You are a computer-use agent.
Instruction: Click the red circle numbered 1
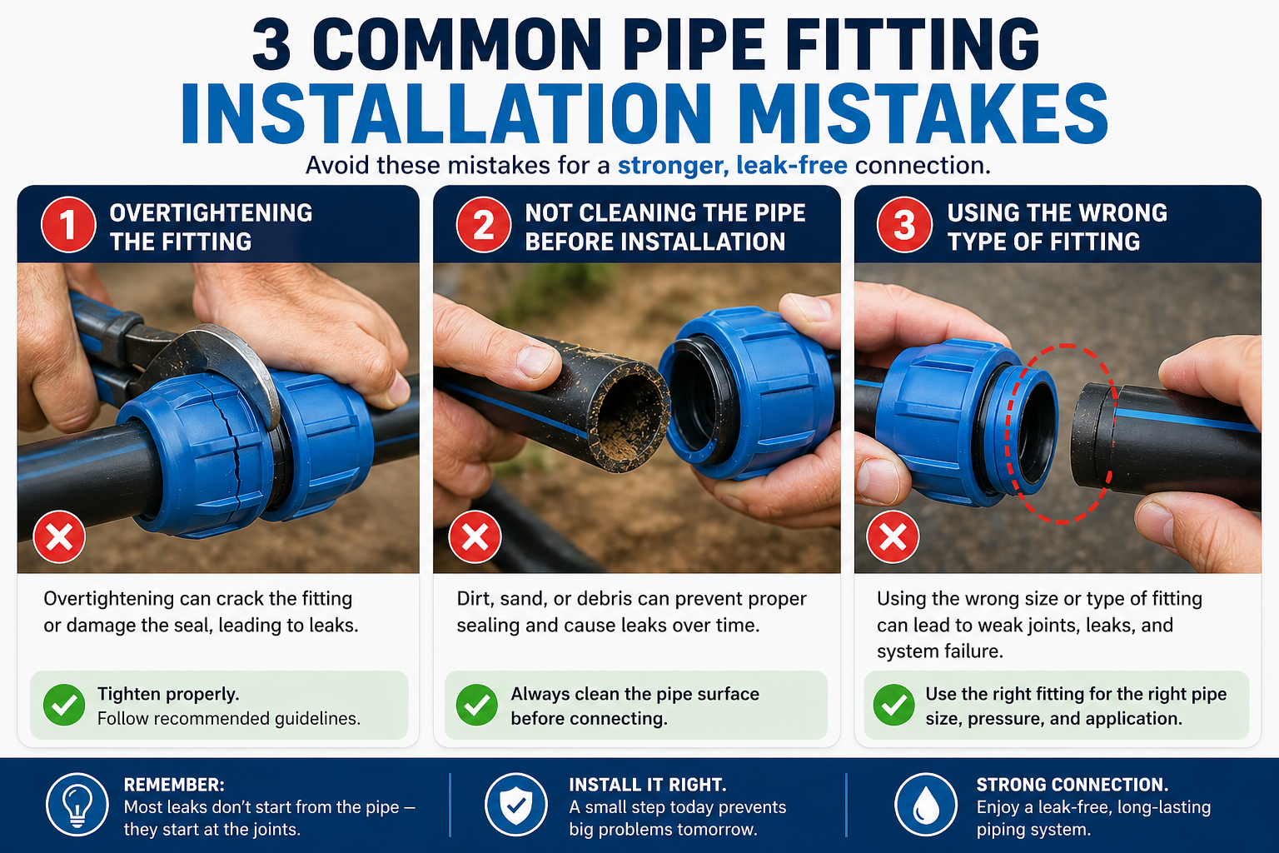(x=68, y=225)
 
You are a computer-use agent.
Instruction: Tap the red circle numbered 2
(x=484, y=225)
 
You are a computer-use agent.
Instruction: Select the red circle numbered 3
(x=904, y=225)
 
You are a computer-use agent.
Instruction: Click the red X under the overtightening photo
(x=59, y=537)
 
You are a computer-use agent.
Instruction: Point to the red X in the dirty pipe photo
(x=475, y=537)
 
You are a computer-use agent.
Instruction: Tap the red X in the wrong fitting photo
(x=893, y=537)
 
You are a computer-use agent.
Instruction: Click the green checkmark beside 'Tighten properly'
(x=64, y=706)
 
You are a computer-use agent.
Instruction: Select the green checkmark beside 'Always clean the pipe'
(x=477, y=706)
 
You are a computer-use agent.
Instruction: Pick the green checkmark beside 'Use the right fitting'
(x=894, y=706)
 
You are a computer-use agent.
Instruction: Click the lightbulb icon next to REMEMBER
(x=77, y=805)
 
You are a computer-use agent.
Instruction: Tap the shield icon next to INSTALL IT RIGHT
(x=515, y=805)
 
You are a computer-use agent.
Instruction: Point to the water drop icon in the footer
(x=925, y=805)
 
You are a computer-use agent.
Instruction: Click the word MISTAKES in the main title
(x=923, y=114)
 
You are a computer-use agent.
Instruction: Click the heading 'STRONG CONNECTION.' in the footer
(x=1072, y=785)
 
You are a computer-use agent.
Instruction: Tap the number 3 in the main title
(x=271, y=46)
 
